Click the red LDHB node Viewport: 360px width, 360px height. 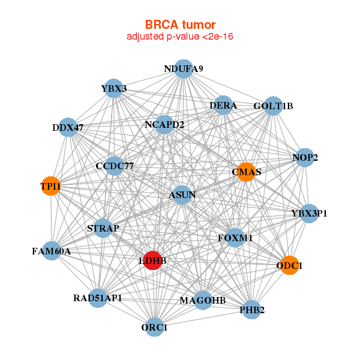pos(153,261)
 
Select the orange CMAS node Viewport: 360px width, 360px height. pos(246,172)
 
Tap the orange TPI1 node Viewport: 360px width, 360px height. pos(51,186)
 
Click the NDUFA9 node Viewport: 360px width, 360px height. pos(184,69)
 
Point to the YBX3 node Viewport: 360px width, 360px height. pos(114,89)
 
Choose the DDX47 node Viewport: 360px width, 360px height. pos(68,127)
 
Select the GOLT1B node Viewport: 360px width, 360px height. pos(273,106)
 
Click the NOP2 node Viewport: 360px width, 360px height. pos(305,158)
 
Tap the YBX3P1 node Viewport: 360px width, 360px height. pos(309,213)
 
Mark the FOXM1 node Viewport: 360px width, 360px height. pos(235,238)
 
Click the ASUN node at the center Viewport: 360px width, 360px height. pos(182,194)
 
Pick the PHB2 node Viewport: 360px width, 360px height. pos(252,310)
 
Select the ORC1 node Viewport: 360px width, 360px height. pos(155,327)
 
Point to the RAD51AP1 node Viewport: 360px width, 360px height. pos(98,298)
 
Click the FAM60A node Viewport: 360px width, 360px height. pos(52,251)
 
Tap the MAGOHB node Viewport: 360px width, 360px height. pos(203,300)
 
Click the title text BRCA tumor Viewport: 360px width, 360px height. pos(180,25)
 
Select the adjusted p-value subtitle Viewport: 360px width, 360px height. pos(180,37)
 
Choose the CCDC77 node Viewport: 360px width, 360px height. pos(115,166)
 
